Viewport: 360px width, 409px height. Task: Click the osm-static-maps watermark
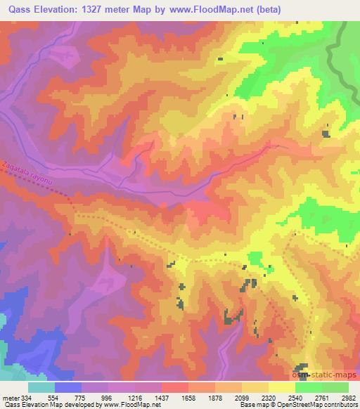(326, 375)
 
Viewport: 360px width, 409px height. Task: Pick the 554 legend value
(56, 396)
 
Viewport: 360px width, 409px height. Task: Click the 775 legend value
(83, 396)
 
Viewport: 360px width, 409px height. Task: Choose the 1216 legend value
(136, 396)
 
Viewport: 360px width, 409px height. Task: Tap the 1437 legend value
(162, 396)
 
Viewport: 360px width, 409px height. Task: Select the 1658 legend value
(189, 396)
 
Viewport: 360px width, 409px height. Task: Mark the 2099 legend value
(243, 396)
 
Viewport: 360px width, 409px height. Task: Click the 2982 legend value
(347, 396)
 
